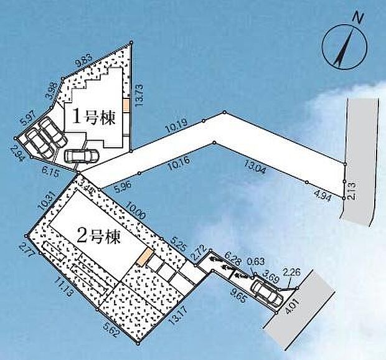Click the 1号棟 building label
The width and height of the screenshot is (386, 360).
point(95,118)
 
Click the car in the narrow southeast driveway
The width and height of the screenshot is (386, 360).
point(265,290)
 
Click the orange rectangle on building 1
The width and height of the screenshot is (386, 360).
point(125,105)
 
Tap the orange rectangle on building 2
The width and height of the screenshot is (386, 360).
point(146,256)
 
